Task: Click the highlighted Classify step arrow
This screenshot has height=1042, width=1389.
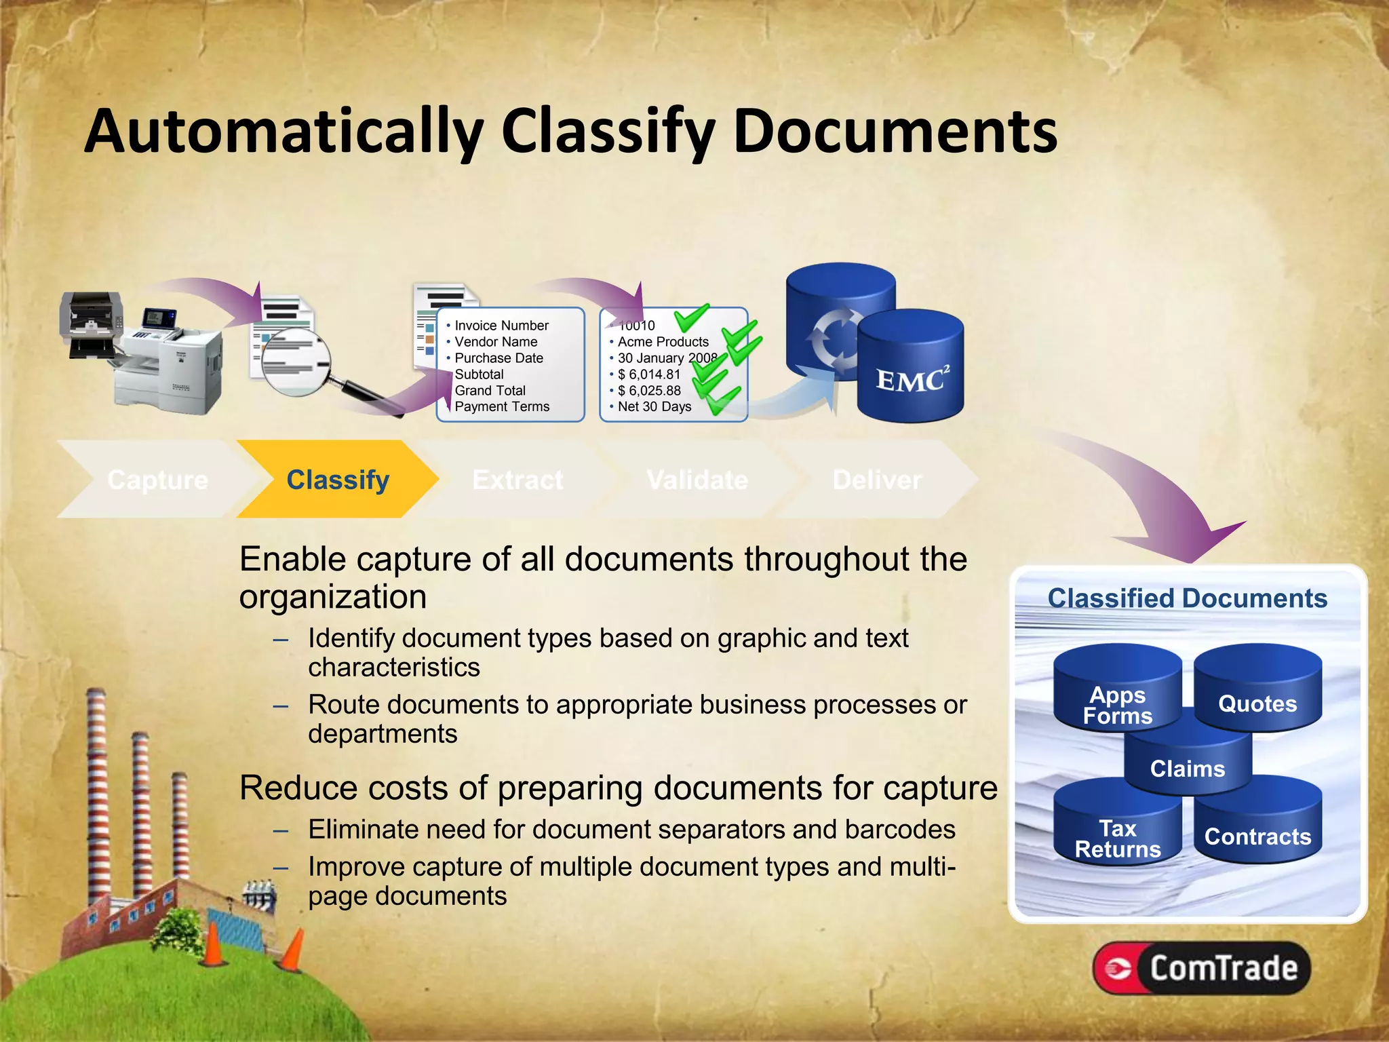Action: click(337, 480)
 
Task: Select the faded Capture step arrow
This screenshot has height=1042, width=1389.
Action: click(157, 480)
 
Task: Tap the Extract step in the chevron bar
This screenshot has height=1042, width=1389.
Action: click(517, 480)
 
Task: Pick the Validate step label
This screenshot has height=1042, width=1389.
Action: click(697, 480)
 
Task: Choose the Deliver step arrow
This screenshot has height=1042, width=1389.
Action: click(877, 480)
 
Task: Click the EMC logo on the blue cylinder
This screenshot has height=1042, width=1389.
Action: click(911, 381)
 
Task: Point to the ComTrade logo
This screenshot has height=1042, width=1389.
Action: click(1201, 968)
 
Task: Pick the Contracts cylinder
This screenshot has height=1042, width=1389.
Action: click(1257, 831)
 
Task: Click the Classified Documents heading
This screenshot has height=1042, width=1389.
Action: click(1187, 598)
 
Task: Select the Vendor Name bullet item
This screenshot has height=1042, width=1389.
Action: click(496, 342)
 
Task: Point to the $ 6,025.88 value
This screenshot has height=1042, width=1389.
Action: click(649, 391)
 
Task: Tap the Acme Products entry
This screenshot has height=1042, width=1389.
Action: click(663, 342)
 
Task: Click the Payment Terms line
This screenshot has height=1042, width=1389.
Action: click(502, 407)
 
